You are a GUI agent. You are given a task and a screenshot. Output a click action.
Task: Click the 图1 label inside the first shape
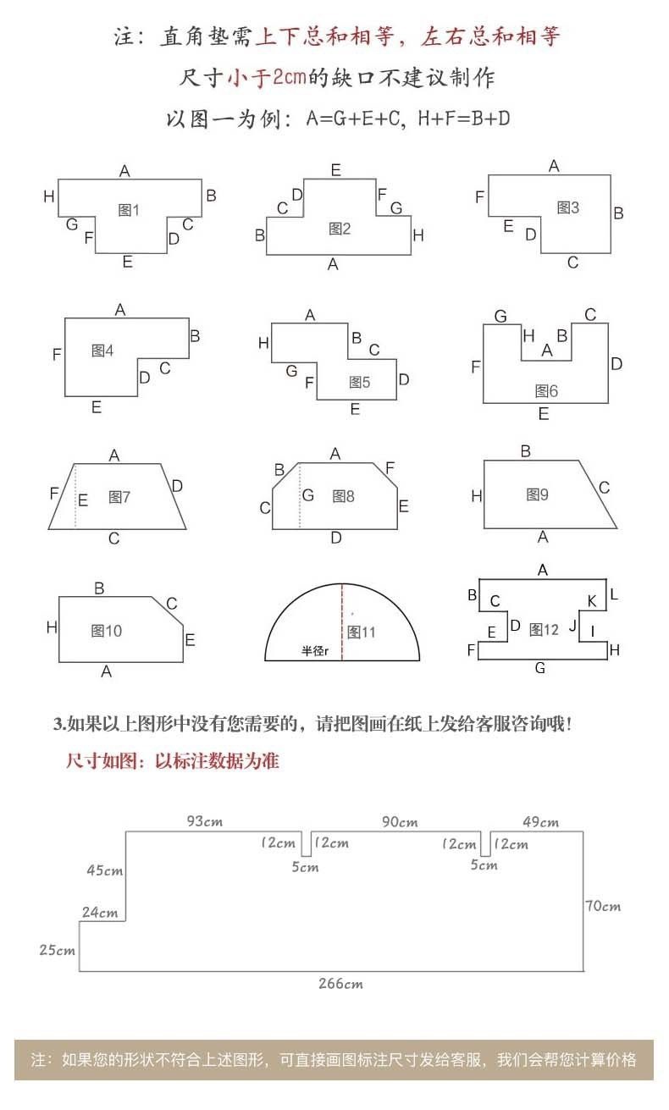(129, 210)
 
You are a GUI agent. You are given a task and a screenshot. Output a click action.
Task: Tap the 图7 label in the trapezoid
(119, 497)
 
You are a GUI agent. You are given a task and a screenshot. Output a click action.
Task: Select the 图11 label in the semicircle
(362, 632)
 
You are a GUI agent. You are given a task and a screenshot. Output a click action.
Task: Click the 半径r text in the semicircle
(315, 650)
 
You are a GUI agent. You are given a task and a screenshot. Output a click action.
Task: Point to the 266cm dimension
(340, 984)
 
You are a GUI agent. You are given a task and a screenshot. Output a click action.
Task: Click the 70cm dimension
(603, 906)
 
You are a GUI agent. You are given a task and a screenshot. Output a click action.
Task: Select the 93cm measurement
(205, 821)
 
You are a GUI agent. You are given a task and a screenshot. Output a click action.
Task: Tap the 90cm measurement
(400, 821)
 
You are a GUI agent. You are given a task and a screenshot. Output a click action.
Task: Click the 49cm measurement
(540, 822)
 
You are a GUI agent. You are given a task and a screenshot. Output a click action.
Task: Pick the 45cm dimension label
(104, 870)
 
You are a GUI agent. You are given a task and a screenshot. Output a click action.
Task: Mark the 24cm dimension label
(100, 912)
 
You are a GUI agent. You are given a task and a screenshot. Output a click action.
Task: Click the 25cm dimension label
(57, 950)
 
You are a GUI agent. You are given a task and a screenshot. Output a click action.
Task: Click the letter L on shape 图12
(614, 594)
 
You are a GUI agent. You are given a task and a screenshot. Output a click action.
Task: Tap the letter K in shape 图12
(592, 601)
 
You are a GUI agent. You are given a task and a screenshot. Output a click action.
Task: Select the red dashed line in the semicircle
(342, 622)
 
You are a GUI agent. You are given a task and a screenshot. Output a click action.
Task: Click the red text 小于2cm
(267, 77)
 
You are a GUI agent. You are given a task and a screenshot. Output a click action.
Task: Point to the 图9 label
(537, 494)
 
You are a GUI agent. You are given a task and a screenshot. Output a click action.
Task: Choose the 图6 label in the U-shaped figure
(546, 391)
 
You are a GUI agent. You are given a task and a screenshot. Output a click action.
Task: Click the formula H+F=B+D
(464, 119)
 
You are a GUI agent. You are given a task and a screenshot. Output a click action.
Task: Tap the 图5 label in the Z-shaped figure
(359, 382)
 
